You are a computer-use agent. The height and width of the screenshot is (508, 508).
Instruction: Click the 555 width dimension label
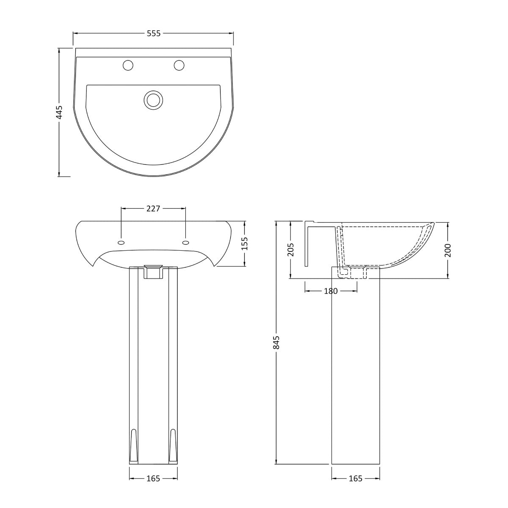tap(153, 33)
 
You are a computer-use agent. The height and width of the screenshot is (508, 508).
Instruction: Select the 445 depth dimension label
tap(59, 112)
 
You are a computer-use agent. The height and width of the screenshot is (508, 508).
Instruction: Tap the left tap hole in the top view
tap(127, 65)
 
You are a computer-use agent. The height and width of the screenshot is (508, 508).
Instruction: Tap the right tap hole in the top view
tap(179, 65)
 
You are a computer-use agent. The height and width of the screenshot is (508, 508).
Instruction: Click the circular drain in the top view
tap(153, 100)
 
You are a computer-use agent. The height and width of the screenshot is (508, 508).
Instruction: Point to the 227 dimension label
tap(153, 208)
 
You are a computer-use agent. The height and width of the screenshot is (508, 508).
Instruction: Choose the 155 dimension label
tap(245, 244)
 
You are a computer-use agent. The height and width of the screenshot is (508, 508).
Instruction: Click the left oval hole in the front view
tap(121, 243)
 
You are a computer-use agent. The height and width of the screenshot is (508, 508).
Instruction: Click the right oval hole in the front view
tap(185, 243)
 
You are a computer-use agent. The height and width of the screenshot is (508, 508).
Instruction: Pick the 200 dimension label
tap(448, 250)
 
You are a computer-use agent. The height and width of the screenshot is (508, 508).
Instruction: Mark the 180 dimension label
tap(331, 291)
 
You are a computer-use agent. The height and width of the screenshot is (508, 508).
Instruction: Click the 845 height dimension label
tap(276, 342)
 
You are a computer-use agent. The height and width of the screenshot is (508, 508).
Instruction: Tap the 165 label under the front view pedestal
tap(153, 478)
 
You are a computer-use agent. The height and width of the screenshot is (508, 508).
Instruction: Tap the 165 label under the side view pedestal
tap(355, 478)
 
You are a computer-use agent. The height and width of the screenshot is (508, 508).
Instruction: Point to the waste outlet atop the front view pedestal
tap(153, 272)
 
